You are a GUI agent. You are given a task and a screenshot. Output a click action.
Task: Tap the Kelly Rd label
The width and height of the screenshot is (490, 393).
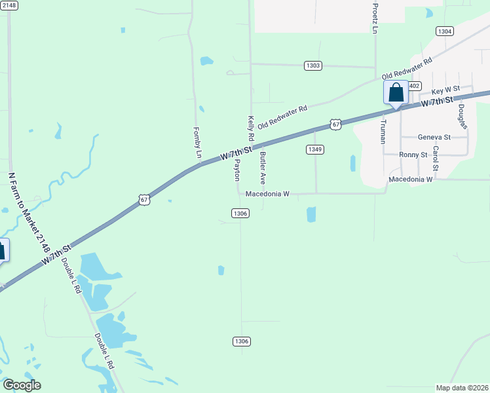250,130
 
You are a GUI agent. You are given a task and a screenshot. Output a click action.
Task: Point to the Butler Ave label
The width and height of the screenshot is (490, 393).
263,168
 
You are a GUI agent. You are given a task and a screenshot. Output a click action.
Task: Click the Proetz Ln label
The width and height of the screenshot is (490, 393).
375,18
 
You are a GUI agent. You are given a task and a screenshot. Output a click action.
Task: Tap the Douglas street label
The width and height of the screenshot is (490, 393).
462,116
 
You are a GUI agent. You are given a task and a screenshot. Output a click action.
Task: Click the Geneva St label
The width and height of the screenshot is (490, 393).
434,138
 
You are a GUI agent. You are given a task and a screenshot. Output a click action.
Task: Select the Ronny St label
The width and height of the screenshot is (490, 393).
413,155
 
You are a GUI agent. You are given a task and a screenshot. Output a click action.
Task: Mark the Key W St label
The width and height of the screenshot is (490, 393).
445,88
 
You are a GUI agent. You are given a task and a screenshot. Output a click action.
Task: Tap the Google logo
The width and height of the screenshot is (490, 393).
22,385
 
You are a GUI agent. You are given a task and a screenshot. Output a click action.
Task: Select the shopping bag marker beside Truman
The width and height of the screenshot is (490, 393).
396,92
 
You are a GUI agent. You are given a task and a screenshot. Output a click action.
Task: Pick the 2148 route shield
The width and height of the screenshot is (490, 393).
9,5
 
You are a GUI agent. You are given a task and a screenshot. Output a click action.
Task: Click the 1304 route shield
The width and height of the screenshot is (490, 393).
445,31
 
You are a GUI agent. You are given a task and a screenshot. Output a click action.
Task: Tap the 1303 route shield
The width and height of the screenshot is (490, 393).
313,65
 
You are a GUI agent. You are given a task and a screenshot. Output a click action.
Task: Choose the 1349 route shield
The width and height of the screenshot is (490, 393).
315,149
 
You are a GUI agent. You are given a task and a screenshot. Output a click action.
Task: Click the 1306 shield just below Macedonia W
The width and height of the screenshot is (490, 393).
240,213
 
